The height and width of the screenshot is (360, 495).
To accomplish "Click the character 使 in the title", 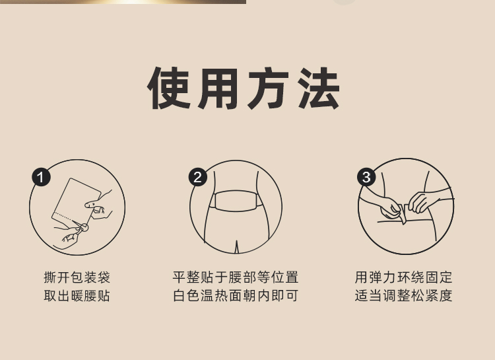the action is click(x=169, y=88).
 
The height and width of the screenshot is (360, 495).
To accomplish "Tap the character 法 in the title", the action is click(x=319, y=88).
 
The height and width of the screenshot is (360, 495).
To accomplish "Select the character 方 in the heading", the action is click(x=269, y=88).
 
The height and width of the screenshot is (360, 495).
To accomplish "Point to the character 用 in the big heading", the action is click(x=218, y=88).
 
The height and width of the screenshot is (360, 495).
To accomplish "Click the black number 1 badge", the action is click(x=41, y=177).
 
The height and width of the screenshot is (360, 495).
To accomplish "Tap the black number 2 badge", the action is click(x=198, y=177).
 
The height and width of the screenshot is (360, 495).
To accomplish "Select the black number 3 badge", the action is click(x=366, y=177).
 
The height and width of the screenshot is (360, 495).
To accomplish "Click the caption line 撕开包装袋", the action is click(x=77, y=277).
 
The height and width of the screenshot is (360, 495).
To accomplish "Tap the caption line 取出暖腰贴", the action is click(x=77, y=296).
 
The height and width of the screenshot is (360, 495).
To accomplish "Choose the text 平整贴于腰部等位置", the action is click(x=236, y=277).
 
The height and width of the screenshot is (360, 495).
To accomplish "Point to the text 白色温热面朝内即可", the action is click(x=236, y=296).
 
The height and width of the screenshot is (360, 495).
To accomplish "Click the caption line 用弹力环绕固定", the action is click(x=403, y=277).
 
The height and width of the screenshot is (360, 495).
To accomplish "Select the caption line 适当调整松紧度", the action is click(x=403, y=296).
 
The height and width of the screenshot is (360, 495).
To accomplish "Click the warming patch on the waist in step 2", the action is click(x=236, y=201).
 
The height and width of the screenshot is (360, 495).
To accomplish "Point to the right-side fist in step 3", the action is click(x=419, y=202).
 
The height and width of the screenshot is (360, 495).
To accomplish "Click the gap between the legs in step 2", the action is click(x=236, y=246).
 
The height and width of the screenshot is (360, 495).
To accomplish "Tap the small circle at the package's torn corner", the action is click(x=84, y=227).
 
